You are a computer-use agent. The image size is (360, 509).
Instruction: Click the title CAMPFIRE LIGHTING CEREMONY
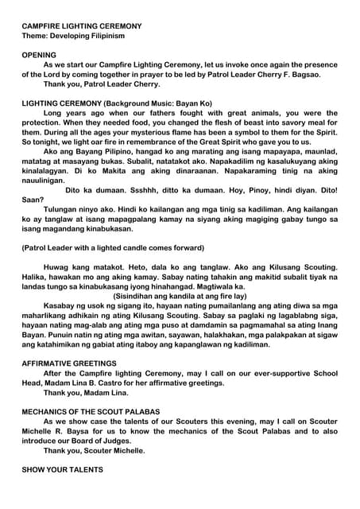point(82,25)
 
